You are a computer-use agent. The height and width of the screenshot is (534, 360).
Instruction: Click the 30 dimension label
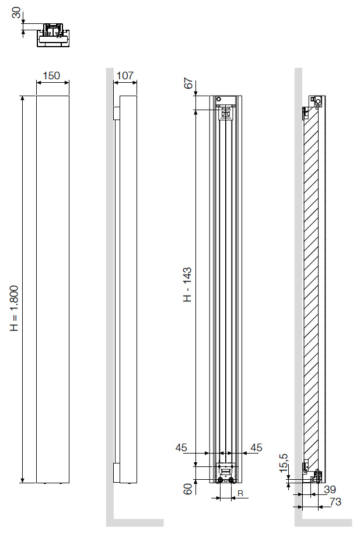click(x=16, y=13)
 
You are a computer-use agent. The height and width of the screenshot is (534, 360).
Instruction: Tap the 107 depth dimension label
click(x=125, y=76)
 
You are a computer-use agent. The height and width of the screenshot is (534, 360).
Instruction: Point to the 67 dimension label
click(x=188, y=83)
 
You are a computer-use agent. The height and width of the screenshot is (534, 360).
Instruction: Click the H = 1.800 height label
click(x=16, y=309)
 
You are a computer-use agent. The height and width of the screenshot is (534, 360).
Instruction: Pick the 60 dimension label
click(x=188, y=489)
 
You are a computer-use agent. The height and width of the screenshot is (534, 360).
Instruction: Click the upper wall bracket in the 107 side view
click(x=117, y=113)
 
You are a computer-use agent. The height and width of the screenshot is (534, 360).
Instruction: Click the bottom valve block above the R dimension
click(x=225, y=473)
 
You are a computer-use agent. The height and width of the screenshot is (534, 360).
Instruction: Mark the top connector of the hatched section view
click(x=316, y=102)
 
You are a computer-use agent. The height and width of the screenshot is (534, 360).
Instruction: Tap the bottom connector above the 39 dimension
click(x=317, y=475)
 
